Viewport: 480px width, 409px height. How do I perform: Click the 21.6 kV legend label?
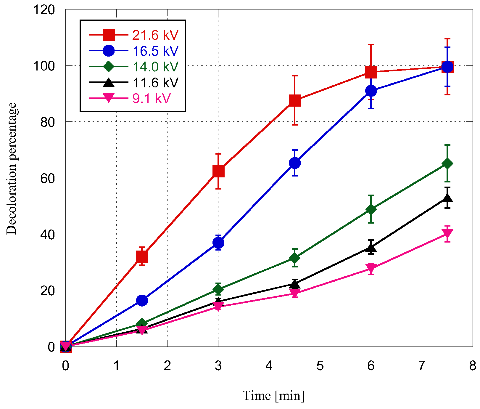click(155, 35)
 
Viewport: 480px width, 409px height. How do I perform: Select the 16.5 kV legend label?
click(155, 51)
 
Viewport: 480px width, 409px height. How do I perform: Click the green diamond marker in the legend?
click(109, 66)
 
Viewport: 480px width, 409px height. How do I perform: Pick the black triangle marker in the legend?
click(109, 82)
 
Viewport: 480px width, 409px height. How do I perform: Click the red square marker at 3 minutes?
click(218, 171)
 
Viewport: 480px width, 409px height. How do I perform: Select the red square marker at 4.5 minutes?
click(295, 101)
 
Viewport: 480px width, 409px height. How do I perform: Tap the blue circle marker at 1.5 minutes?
click(142, 301)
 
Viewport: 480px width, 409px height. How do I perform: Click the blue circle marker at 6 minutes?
click(371, 91)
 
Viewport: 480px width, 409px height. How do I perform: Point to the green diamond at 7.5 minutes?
click(447, 163)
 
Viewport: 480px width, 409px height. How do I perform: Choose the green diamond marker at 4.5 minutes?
click(295, 258)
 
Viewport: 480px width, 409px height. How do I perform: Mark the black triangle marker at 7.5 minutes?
click(447, 198)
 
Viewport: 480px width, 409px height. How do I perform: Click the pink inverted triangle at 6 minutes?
click(371, 267)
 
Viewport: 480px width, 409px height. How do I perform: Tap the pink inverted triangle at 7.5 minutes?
click(447, 234)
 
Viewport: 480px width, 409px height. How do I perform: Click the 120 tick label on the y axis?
click(44, 10)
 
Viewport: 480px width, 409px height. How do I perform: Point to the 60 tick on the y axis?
click(47, 178)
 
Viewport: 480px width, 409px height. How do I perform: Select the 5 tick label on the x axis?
click(320, 366)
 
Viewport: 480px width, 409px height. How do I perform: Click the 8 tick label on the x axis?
click(472, 366)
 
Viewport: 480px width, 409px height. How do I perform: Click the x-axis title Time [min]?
click(273, 396)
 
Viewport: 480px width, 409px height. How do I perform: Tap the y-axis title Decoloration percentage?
click(12, 168)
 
